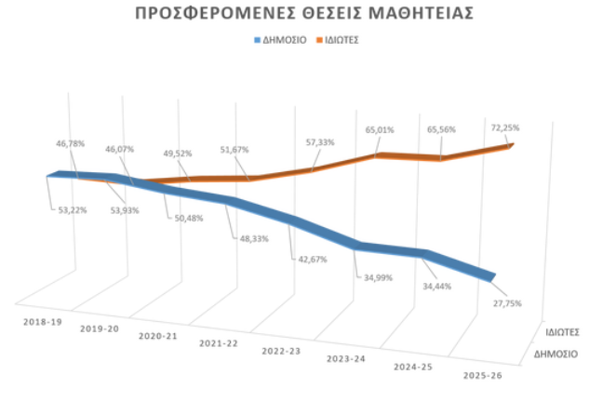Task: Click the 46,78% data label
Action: (71, 143)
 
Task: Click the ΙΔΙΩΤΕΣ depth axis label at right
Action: (564, 331)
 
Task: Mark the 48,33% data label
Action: (255, 238)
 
